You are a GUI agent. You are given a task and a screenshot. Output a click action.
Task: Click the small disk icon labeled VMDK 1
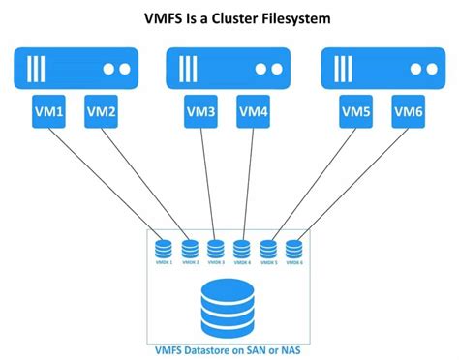(163, 248)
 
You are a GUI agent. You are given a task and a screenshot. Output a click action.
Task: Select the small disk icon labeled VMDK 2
(190, 248)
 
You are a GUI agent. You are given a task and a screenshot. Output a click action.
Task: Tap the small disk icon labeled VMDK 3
(216, 248)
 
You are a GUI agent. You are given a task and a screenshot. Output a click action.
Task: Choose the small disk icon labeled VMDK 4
(242, 248)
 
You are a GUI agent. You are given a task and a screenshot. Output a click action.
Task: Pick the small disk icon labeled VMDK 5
(268, 248)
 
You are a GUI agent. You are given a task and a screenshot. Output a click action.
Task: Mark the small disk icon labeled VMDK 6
(293, 248)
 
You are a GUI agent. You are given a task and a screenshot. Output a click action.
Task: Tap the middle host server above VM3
(229, 71)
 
